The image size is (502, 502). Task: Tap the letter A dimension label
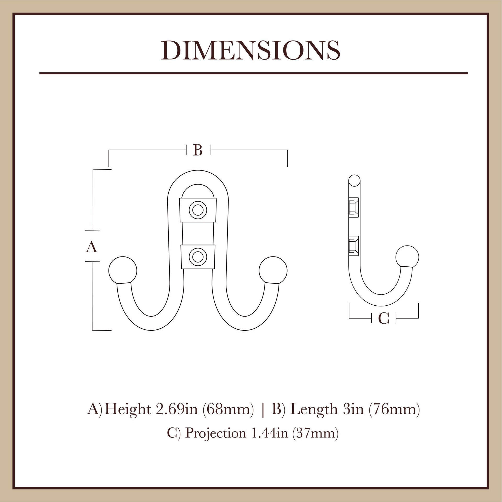92,247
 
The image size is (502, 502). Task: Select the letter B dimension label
198,150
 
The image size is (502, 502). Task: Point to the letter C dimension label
384,318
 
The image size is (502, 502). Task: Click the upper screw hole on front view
198,210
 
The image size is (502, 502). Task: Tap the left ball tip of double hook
123,271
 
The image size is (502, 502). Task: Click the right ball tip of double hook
273,271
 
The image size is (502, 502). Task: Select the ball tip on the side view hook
407,257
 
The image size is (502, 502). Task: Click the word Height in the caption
128,409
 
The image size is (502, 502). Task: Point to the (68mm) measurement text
228,409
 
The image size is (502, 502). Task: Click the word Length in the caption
314,409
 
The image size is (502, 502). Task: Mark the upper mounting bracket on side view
353,207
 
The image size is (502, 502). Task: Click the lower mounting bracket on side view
353,246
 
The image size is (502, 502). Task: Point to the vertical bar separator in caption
263,409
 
